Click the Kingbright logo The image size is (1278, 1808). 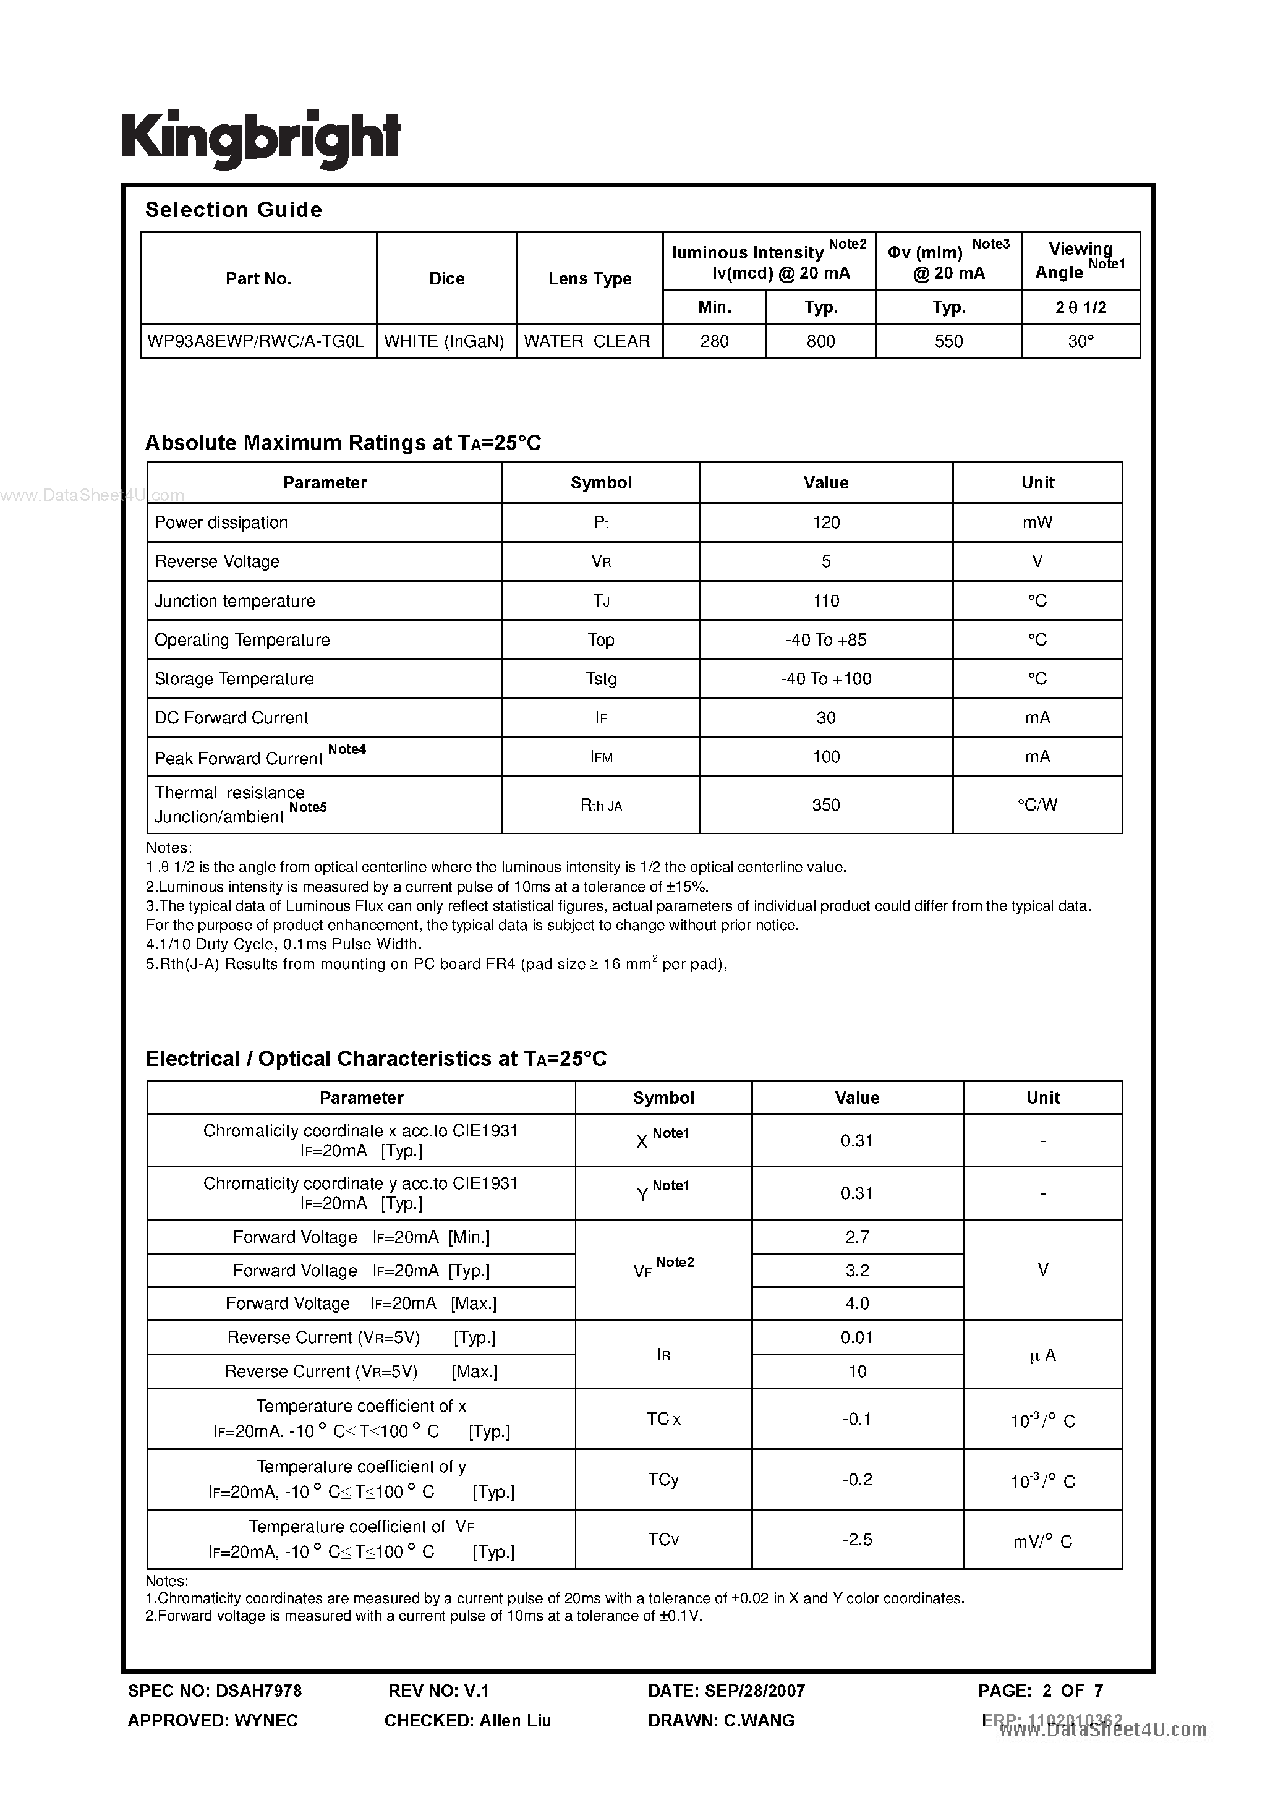pyautogui.click(x=262, y=139)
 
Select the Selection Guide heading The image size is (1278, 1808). pyautogui.click(x=234, y=210)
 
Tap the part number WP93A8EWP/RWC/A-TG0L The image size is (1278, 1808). pyautogui.click(x=256, y=341)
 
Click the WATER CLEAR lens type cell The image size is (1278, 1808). pyautogui.click(x=587, y=341)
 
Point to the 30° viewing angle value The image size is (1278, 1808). pyautogui.click(x=1080, y=341)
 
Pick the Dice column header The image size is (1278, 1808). pyautogui.click(x=446, y=279)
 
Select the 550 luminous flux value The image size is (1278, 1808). pyautogui.click(x=949, y=341)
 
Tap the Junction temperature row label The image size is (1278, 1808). pyautogui.click(x=235, y=601)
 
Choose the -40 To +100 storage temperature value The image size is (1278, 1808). pyautogui.click(x=826, y=679)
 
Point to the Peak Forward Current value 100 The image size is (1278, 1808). pyautogui.click(x=826, y=757)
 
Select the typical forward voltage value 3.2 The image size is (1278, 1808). pyautogui.click(x=857, y=1270)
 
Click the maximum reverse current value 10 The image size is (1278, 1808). pyautogui.click(x=857, y=1371)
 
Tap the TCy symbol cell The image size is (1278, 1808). pyautogui.click(x=663, y=1480)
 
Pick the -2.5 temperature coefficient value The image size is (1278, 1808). pyautogui.click(x=857, y=1540)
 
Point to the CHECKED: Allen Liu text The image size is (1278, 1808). pyautogui.click(x=467, y=1721)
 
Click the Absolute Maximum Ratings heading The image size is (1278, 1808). pyautogui.click(x=343, y=443)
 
